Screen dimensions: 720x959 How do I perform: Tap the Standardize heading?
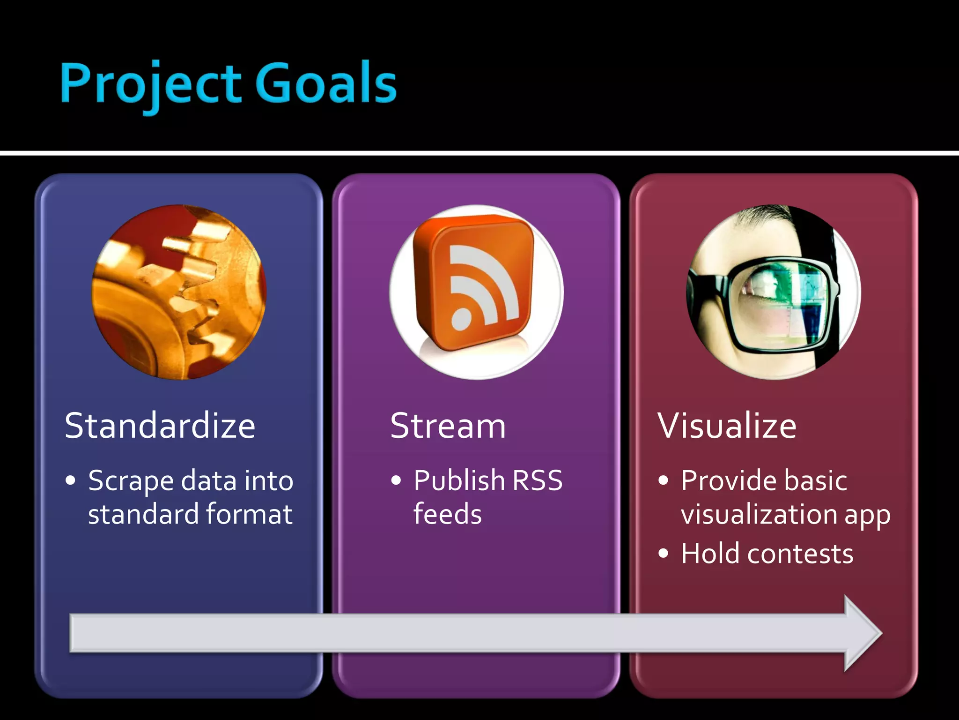[160, 426]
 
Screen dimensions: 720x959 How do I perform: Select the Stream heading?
[448, 426]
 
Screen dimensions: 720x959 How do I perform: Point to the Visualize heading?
[727, 426]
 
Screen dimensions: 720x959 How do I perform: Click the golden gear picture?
[179, 292]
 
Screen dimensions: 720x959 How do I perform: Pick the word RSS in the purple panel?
[537, 480]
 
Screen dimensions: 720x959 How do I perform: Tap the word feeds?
[447, 514]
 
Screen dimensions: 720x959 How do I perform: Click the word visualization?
[759, 514]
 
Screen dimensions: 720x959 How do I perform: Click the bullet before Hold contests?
[663, 554]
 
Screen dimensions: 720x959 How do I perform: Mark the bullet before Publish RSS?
[396, 480]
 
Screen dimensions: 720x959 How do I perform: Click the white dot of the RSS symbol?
[461, 319]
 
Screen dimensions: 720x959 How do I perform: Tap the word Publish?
[459, 480]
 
